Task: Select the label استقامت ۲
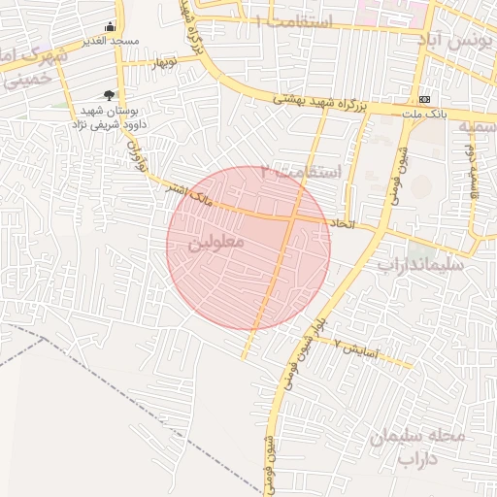(x=310, y=172)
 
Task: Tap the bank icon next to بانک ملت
(x=425, y=100)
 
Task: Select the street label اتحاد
(x=343, y=223)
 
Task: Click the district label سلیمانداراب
(x=420, y=263)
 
